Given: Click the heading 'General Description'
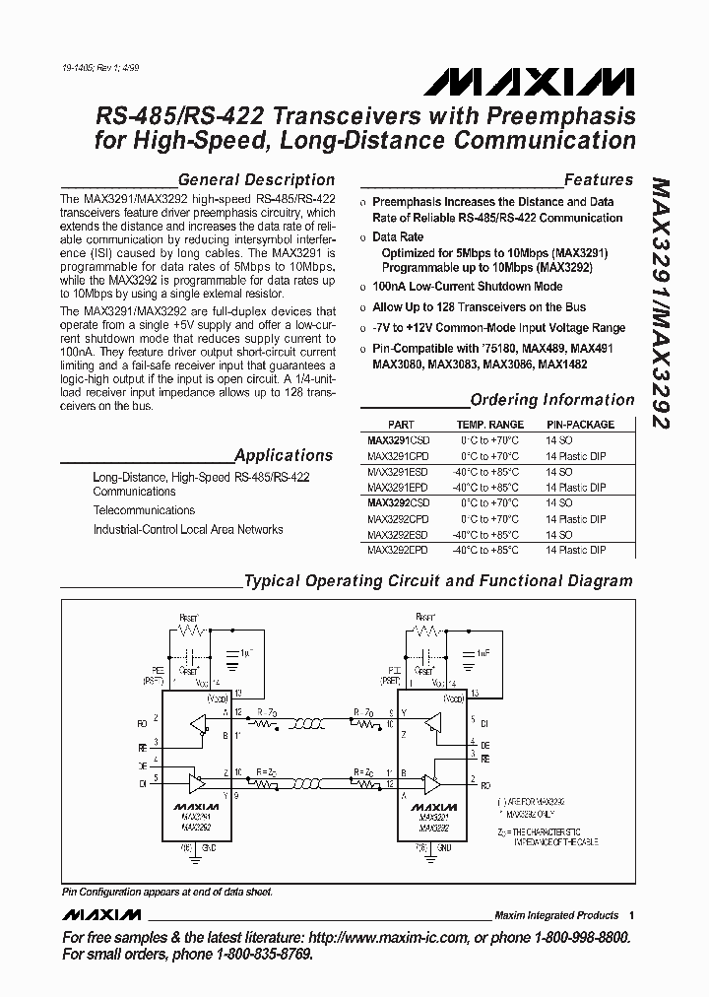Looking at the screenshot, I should click(x=256, y=180).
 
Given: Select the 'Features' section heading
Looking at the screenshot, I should click(x=598, y=180).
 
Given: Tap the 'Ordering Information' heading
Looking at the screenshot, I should click(x=552, y=400).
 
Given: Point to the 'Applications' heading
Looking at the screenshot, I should click(x=284, y=455).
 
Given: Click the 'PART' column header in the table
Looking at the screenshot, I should click(x=401, y=425).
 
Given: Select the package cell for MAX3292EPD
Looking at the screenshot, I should click(x=575, y=550).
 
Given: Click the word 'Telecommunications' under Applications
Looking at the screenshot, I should click(x=144, y=510).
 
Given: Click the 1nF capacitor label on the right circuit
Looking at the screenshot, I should click(x=483, y=652).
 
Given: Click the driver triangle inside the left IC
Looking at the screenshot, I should click(x=198, y=784).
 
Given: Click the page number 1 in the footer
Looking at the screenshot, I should click(x=631, y=915).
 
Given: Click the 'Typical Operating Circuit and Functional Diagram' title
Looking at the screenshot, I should click(x=438, y=581).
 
